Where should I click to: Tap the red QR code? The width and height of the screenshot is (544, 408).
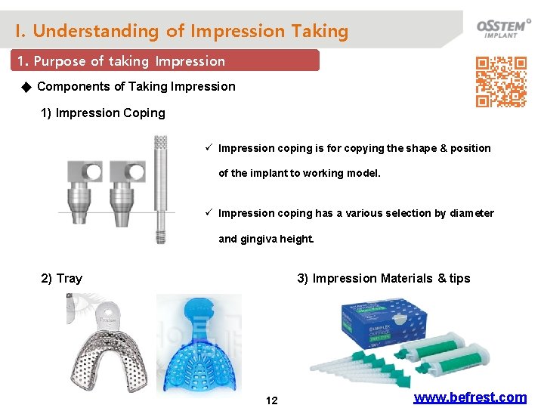500,82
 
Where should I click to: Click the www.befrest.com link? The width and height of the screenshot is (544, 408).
470,397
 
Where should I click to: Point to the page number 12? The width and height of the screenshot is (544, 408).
272,400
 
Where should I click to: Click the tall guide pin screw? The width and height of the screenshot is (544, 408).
160,189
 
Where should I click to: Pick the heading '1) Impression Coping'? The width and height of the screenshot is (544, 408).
103,113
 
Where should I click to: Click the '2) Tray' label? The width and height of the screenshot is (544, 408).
61,279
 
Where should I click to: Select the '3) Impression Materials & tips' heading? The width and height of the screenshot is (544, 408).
383,279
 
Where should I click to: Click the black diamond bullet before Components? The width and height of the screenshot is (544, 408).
26,87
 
